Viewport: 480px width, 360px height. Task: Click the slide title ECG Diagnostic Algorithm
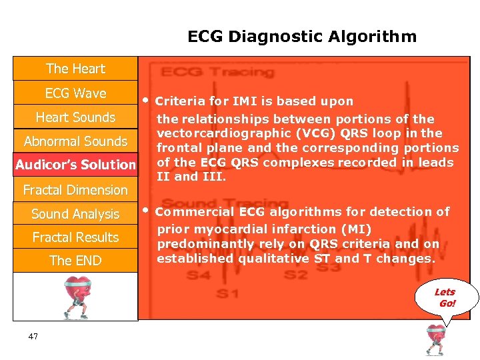pyautogui.click(x=302, y=37)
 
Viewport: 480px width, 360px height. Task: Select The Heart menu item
pyautogui.click(x=75, y=69)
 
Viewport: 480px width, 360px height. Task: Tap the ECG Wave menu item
pyautogui.click(x=75, y=93)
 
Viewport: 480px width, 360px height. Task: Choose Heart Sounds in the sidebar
pyautogui.click(x=75, y=117)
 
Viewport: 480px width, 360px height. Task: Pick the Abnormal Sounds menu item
pyautogui.click(x=75, y=141)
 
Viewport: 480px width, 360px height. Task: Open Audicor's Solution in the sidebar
pyautogui.click(x=75, y=165)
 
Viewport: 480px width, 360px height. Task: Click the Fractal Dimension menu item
pyautogui.click(x=75, y=190)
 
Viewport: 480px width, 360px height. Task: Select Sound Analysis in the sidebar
pyautogui.click(x=75, y=214)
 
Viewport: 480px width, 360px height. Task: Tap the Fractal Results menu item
pyautogui.click(x=75, y=237)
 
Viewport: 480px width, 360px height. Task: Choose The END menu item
pyautogui.click(x=75, y=261)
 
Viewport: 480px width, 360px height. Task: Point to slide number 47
pyautogui.click(x=33, y=337)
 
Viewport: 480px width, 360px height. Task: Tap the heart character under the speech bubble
pyautogui.click(x=436, y=340)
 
